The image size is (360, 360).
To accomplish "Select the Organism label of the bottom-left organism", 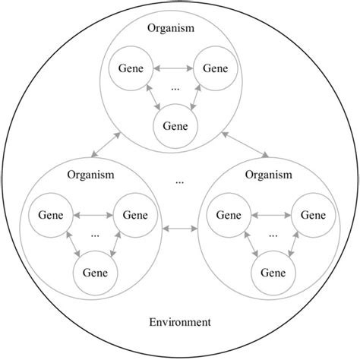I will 91,175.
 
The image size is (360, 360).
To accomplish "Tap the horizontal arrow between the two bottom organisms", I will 179,227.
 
